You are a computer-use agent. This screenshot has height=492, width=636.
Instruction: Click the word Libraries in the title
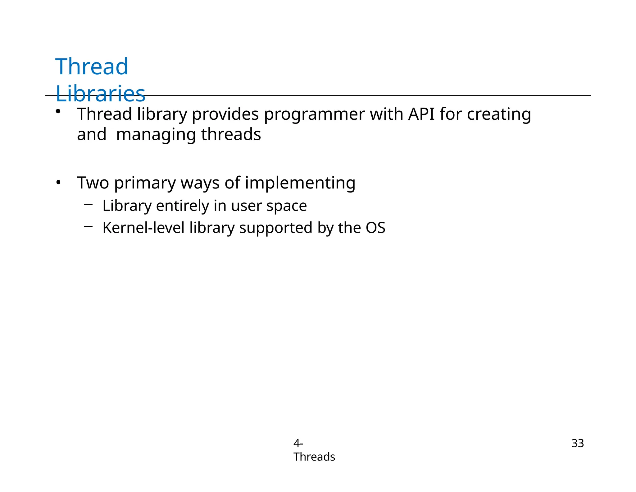point(100,94)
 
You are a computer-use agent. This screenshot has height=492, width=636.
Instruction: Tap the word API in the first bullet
point(421,114)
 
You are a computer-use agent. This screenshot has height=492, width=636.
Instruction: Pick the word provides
point(225,114)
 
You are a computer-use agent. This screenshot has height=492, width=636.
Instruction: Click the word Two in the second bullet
point(93,183)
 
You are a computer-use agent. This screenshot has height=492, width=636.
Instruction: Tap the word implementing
point(300,183)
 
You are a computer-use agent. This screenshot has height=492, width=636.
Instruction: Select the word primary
point(145,183)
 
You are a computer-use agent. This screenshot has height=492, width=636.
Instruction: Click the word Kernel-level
point(143,228)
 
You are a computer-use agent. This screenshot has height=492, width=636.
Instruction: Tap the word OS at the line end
point(375,228)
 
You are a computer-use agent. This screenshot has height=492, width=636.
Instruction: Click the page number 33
point(577,443)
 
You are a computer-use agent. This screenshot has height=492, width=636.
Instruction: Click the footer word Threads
point(314,457)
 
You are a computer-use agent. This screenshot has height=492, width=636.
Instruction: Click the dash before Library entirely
point(88,204)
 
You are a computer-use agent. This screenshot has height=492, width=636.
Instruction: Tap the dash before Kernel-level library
point(88,226)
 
